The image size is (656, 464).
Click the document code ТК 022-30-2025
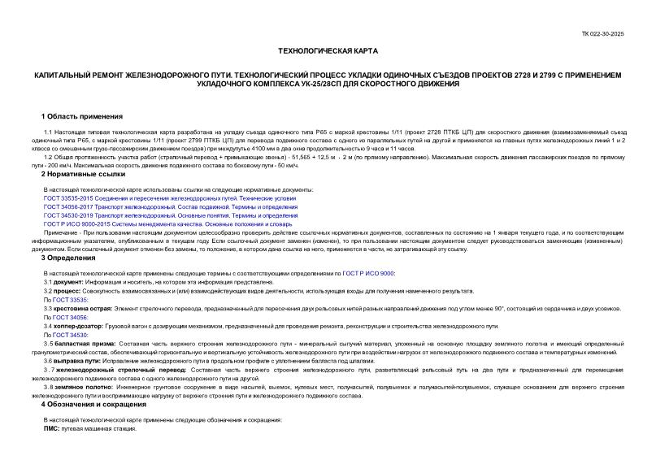[626, 34]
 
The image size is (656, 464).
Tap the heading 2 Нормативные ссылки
[84, 174]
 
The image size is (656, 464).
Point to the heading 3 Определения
[68, 258]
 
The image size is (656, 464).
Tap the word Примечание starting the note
[63, 232]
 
